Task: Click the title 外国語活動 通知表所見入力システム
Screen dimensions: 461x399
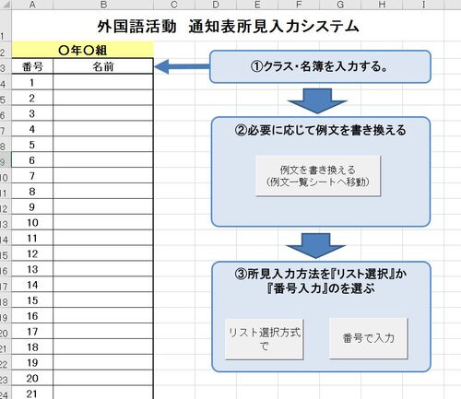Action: [x=228, y=27]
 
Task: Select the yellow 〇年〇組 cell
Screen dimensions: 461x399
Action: [x=82, y=50]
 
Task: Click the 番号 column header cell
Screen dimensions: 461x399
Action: [x=32, y=66]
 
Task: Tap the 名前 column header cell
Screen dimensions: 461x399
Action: [x=103, y=66]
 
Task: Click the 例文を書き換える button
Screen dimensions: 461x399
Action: [x=318, y=176]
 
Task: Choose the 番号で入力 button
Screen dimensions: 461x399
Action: [x=369, y=338]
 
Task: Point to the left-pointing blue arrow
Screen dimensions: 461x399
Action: [x=182, y=66]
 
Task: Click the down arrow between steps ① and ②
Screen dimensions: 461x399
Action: [x=317, y=100]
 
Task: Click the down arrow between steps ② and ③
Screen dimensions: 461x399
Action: [x=316, y=245]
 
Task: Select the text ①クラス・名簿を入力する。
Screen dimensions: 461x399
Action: [x=319, y=66]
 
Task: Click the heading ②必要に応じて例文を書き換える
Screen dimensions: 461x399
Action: [x=320, y=130]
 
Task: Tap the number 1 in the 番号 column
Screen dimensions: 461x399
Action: [x=31, y=83]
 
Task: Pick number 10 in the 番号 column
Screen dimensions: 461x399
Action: [x=32, y=223]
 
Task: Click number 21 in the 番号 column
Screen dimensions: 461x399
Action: [x=31, y=393]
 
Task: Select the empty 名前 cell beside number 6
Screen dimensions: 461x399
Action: [x=103, y=160]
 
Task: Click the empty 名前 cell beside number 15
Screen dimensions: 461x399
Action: [x=103, y=300]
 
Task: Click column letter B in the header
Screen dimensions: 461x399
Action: [x=103, y=5]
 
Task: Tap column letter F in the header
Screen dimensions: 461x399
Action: [x=299, y=5]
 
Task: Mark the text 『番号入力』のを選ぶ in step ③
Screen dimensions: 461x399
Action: [x=321, y=288]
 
